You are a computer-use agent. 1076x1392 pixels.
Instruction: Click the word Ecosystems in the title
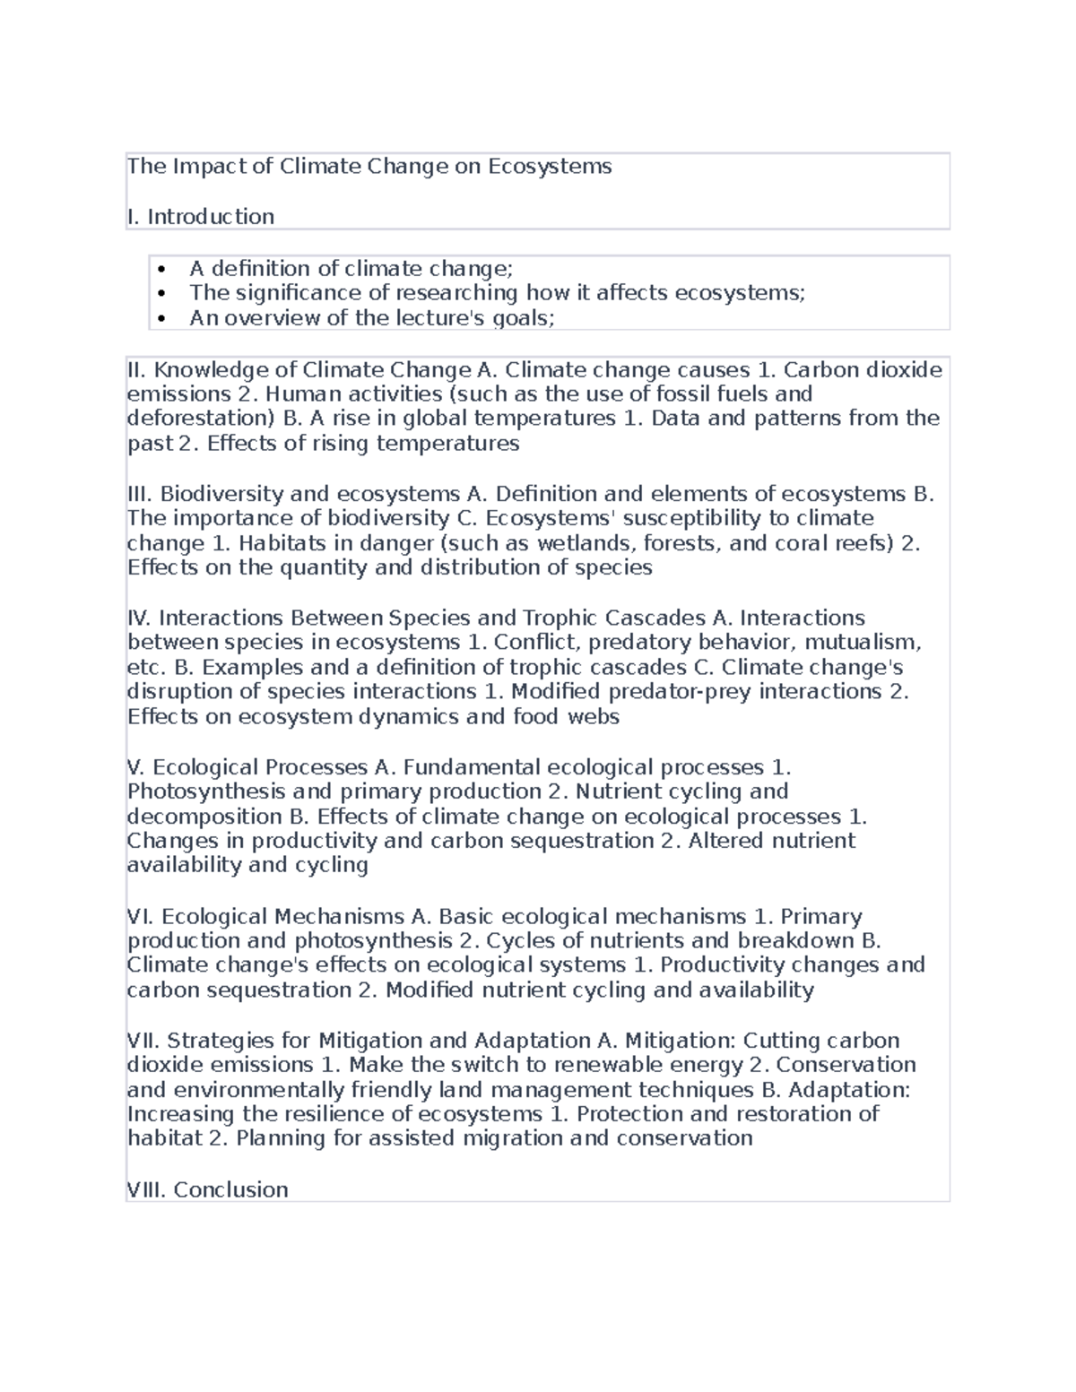point(550,167)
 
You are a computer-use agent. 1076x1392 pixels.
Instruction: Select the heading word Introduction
point(211,217)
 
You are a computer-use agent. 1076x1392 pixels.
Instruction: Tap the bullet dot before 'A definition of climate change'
point(161,269)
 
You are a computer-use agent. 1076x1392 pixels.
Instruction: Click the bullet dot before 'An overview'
point(161,318)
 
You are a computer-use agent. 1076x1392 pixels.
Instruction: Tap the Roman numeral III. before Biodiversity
point(141,495)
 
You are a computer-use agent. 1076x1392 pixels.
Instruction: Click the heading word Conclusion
point(230,1190)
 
